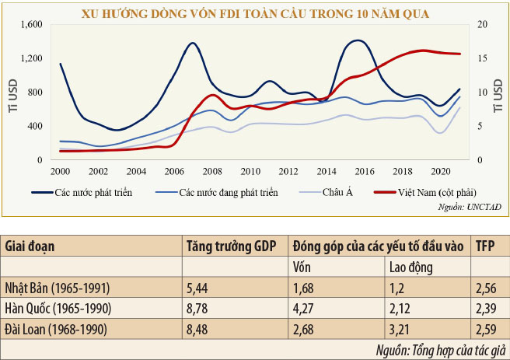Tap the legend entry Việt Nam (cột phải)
[x=436, y=192]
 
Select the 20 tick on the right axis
[x=483, y=24]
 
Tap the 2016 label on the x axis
[x=364, y=171]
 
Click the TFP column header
[x=486, y=246]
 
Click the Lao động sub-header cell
[x=411, y=267]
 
